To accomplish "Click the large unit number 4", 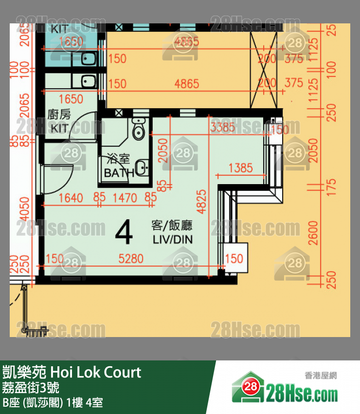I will tap(124, 233).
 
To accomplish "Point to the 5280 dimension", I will tap(131, 258).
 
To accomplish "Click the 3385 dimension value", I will tap(223, 128).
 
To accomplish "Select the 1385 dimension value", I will tap(240, 168).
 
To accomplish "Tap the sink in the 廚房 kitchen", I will tap(88, 81).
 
